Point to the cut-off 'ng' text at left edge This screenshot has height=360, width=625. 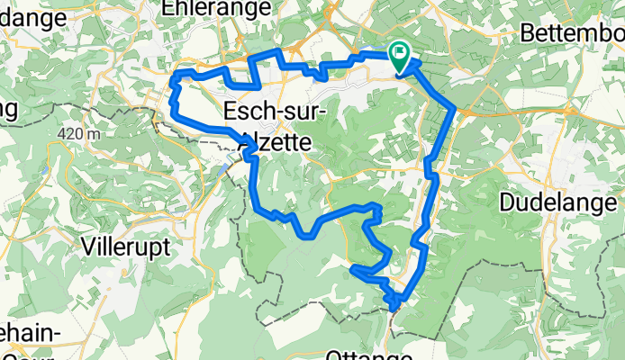[x=9, y=110]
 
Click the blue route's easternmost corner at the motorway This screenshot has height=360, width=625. [x=454, y=110]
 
